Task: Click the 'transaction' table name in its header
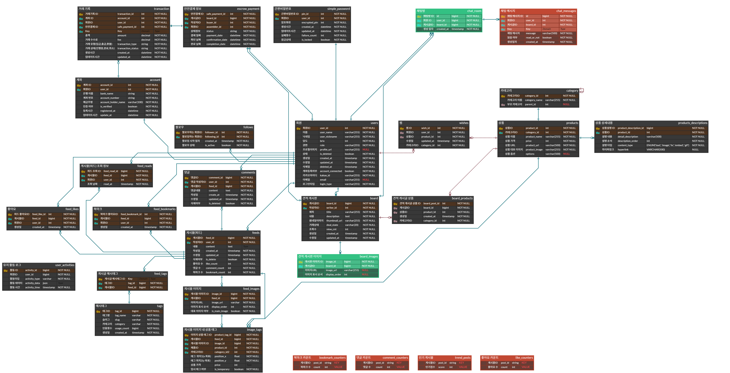161,9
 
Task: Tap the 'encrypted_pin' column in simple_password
309,23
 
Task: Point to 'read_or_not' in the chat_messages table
533,38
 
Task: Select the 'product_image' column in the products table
534,150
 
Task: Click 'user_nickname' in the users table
328,137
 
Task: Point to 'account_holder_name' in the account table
112,102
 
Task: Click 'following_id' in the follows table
212,137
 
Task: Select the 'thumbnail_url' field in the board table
334,221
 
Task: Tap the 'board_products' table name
462,198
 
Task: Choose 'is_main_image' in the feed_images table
220,311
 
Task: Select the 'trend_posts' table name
463,358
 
